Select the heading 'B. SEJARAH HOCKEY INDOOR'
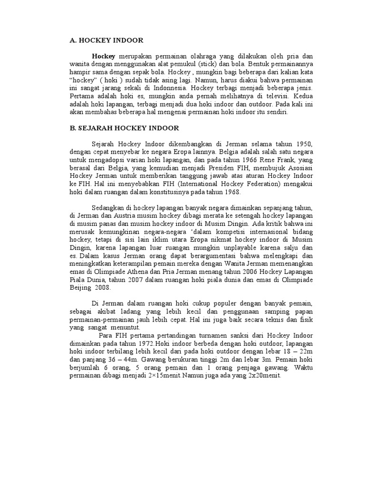(125, 128)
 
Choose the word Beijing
(78, 287)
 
